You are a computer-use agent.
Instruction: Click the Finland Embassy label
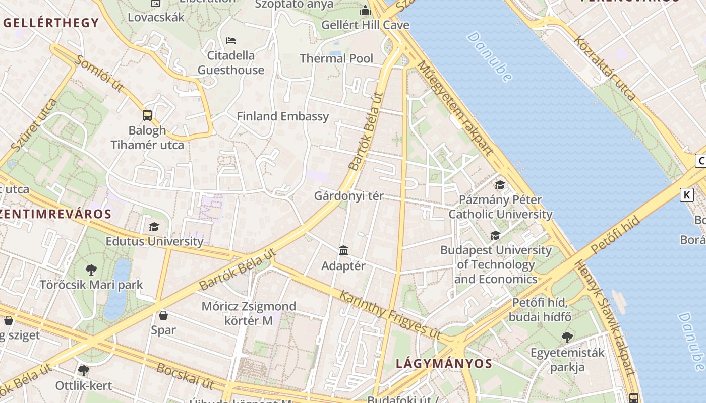282,116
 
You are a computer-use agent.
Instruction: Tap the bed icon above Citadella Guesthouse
231,40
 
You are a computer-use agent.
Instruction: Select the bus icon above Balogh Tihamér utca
147,115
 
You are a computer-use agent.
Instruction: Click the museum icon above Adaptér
343,250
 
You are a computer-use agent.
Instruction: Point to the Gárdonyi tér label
348,196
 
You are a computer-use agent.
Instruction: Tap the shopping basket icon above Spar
163,315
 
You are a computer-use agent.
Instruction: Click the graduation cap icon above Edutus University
154,227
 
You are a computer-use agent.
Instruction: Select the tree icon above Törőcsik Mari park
91,270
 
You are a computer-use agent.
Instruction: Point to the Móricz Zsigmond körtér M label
242,313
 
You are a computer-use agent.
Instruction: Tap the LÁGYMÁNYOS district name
444,363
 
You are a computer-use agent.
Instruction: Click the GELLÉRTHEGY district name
51,23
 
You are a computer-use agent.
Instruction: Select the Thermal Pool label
336,58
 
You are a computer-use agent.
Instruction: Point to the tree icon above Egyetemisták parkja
567,338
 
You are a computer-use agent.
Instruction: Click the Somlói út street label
99,74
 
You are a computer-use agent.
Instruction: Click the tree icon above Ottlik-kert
83,371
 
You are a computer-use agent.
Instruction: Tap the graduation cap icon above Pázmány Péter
500,185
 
